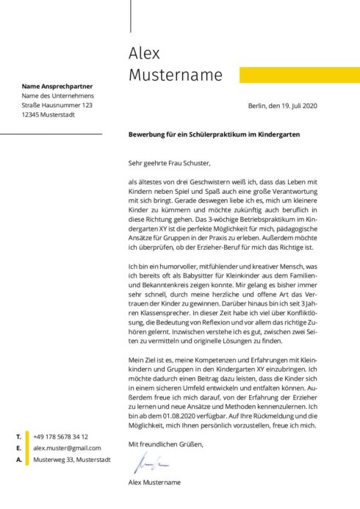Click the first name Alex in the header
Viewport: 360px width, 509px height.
[144, 54]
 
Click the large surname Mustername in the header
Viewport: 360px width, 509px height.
[175, 75]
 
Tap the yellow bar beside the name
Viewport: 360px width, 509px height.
[300, 75]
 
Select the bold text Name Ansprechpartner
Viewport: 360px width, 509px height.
[57, 86]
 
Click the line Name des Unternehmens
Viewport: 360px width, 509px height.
[57, 96]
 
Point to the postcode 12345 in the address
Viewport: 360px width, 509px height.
[31, 115]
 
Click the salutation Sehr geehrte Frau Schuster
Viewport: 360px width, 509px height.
[169, 163]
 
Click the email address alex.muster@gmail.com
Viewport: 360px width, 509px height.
[67, 447]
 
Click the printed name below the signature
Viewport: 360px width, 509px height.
[154, 483]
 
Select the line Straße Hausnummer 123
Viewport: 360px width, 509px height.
[57, 106]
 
